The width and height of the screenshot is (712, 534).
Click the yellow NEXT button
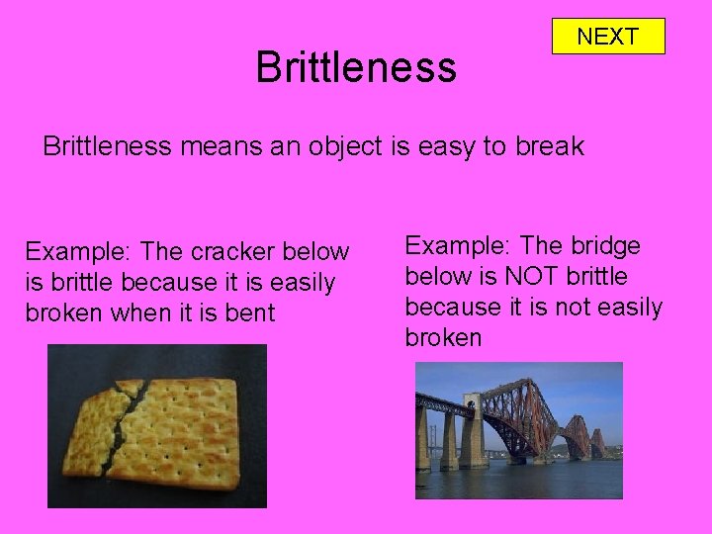point(607,37)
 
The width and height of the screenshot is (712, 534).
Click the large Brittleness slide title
point(356,67)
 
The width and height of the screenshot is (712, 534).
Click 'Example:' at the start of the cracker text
point(70,253)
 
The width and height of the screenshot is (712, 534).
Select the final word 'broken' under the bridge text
point(443,337)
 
